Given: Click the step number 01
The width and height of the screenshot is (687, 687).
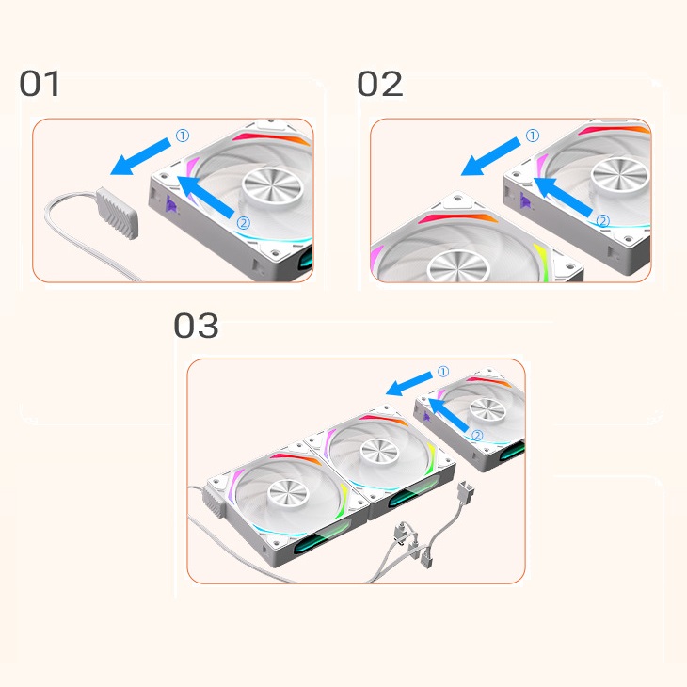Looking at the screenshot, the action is point(40,84).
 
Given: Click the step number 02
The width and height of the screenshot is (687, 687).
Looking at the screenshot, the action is point(380,84).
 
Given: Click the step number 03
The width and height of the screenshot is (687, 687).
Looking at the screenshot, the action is point(196,326).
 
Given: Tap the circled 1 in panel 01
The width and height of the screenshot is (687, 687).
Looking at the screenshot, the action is point(183,136).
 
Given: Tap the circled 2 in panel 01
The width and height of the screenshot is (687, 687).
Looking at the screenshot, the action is point(243,223).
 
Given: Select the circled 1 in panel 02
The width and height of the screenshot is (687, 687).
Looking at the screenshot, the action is point(533,136).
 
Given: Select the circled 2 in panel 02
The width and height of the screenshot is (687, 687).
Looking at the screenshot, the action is point(603,221).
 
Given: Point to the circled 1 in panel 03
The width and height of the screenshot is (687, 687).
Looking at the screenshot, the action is point(443,372).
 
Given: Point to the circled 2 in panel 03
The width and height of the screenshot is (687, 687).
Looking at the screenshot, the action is point(477,435).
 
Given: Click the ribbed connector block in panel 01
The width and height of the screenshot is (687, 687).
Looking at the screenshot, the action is point(118,213).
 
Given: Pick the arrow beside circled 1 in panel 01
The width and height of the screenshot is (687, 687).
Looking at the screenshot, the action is point(140,156).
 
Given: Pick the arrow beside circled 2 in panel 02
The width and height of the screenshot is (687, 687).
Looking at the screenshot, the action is point(564,197).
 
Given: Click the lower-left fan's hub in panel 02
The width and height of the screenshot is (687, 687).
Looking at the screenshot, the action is point(458,266).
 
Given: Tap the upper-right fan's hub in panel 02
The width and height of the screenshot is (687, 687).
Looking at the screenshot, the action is point(619,176).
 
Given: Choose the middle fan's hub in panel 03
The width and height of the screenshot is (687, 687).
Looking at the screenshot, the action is point(378,452).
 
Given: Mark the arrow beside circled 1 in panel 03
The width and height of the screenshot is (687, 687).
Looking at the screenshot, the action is point(408,383).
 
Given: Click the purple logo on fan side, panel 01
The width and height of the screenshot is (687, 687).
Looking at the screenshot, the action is point(171,204).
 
